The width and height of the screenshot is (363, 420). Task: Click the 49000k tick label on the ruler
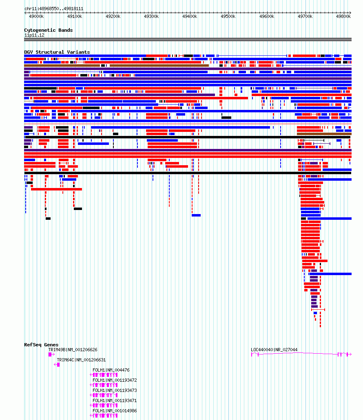(36, 16)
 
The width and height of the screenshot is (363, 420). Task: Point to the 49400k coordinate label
(190, 16)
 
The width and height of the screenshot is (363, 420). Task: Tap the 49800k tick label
(343, 16)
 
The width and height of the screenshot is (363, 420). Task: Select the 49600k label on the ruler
(267, 16)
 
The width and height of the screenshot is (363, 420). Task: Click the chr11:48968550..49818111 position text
(54, 9)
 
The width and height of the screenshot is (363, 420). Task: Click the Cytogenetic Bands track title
(48, 30)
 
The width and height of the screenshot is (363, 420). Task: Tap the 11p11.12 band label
(34, 35)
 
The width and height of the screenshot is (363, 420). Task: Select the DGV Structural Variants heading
(57, 52)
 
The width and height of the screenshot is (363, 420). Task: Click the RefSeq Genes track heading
(41, 345)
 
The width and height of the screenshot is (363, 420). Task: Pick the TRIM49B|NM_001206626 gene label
(73, 350)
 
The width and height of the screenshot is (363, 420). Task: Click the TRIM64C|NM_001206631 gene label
(81, 360)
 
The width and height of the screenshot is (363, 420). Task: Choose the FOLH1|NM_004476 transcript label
(111, 370)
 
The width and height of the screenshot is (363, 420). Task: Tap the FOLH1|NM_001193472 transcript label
(115, 380)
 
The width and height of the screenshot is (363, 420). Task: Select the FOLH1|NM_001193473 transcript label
(115, 390)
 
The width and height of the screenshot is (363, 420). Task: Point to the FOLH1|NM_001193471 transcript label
(115, 400)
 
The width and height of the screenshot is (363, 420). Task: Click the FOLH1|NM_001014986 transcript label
(115, 411)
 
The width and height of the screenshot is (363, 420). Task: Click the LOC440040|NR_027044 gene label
(274, 350)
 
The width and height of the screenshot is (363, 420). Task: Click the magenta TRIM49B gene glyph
(51, 354)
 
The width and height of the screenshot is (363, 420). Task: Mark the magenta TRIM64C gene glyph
(57, 365)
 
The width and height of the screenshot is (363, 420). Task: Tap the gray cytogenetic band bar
(188, 39)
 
